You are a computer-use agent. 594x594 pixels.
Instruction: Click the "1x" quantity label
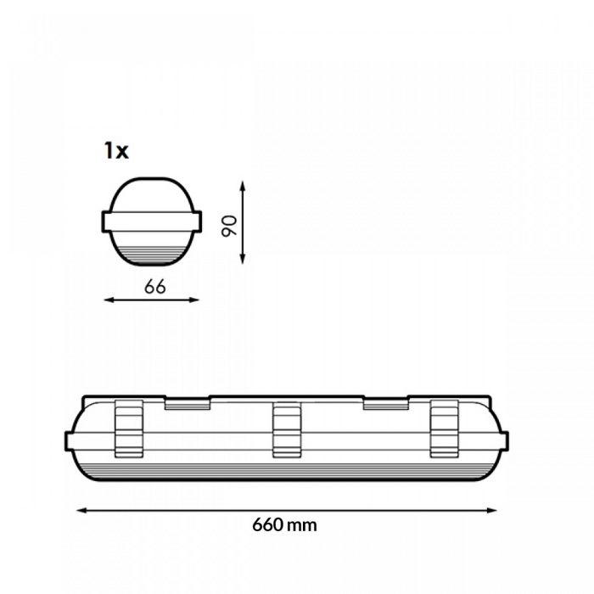(x=116, y=151)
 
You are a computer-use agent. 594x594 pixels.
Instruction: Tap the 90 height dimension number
(x=230, y=226)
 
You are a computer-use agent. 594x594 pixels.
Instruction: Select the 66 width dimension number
(x=155, y=287)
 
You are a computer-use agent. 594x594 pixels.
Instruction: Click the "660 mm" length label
(x=284, y=525)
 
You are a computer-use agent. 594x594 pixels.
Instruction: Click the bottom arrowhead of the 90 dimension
(x=243, y=259)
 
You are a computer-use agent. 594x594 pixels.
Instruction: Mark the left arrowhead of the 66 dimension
(x=109, y=300)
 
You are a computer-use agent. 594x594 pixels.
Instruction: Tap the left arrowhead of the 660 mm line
(x=82, y=510)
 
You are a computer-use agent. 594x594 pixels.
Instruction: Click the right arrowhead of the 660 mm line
(x=491, y=510)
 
